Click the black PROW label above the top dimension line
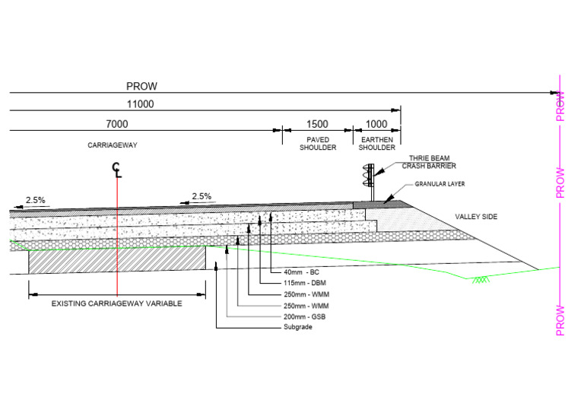(142, 86)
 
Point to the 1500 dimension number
(317, 124)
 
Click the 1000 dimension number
(376, 124)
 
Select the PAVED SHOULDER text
(317, 144)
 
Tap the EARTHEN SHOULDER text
(376, 144)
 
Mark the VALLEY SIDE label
(476, 217)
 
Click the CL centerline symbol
(116, 170)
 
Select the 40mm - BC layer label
(301, 272)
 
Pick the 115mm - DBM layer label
(303, 283)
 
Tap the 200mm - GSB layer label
(303, 316)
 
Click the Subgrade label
(293, 327)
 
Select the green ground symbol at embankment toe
(479, 280)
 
